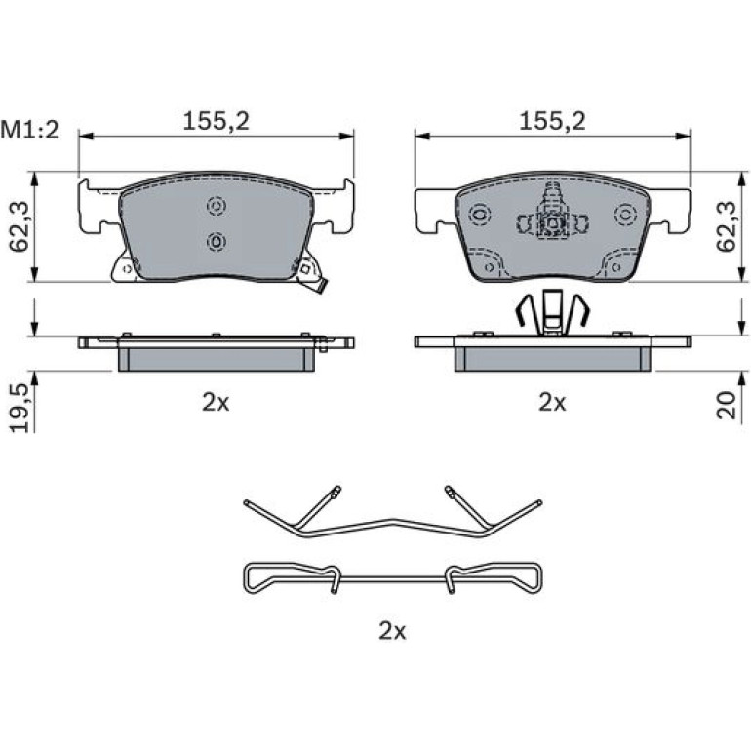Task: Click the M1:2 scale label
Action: (29, 130)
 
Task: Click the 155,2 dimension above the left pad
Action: (216, 121)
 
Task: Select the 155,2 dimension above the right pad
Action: (552, 121)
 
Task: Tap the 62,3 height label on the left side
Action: (20, 226)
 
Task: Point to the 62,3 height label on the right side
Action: (726, 226)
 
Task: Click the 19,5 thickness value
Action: (20, 409)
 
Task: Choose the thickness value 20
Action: (726, 405)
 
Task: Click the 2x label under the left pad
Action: (216, 403)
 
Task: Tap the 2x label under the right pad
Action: (552, 403)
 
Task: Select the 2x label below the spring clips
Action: (392, 631)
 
